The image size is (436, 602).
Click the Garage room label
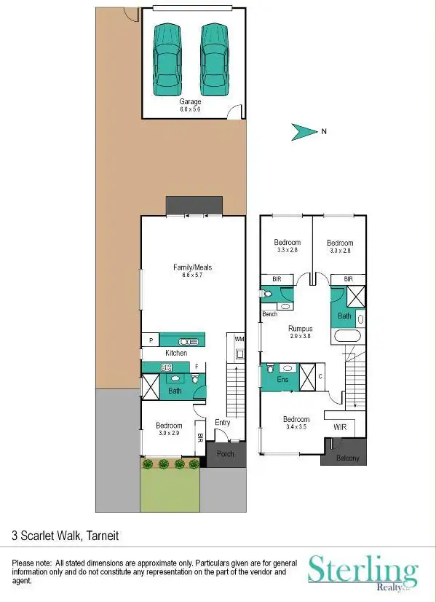190,102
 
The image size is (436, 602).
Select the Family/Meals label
192,267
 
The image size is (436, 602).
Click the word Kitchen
176,353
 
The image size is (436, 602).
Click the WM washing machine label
239,339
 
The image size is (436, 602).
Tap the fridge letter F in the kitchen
196,367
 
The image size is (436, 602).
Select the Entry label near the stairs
222,421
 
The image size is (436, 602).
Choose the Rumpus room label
300,329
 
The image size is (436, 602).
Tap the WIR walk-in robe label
340,426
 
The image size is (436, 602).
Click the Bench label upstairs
270,314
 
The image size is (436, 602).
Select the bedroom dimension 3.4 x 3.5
296,427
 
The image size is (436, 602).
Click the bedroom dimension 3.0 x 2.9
169,433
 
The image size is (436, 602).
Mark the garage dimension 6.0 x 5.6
190,109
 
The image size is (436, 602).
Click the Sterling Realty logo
362,571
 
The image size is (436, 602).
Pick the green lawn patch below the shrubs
170,490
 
